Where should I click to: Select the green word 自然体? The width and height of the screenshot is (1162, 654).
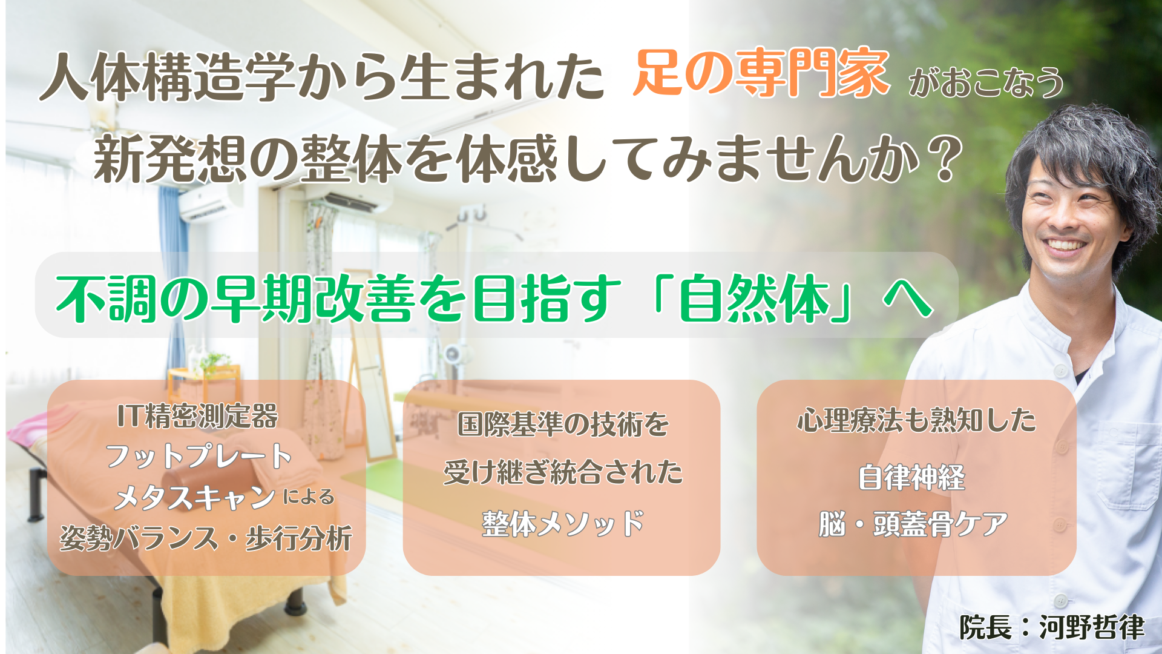tap(754, 298)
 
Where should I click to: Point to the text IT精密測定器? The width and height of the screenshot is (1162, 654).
tap(198, 416)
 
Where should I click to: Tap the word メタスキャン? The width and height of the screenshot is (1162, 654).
tap(195, 498)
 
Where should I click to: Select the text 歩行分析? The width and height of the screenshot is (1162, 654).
tap(298, 538)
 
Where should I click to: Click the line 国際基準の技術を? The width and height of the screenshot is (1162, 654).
tap(563, 424)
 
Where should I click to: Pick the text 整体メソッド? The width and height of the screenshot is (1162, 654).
tap(563, 524)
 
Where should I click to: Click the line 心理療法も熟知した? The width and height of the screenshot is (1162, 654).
tap(916, 420)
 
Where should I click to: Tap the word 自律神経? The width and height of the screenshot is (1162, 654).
tap(911, 477)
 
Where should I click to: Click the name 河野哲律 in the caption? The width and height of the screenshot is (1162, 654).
tap(1092, 627)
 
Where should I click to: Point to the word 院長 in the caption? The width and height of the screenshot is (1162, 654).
tap(985, 627)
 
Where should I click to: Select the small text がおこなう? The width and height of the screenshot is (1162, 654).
tap(986, 82)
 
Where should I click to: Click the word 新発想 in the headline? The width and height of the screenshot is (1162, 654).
tap(170, 159)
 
